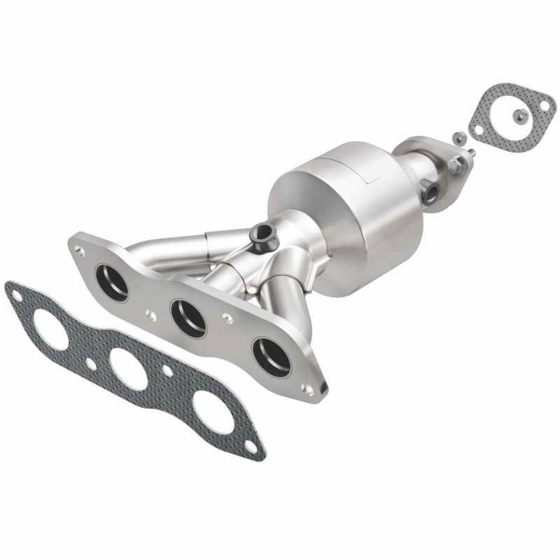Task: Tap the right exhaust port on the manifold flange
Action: (272, 356)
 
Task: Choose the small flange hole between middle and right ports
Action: (227, 318)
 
